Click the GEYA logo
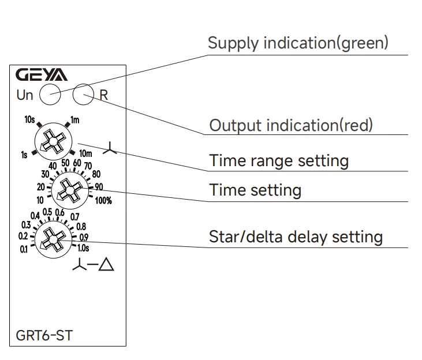coord(42,74)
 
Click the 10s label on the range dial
coord(29,119)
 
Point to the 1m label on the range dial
coord(75,119)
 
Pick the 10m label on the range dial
coord(85,153)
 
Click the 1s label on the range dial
coord(24,155)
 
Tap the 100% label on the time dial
coord(103,200)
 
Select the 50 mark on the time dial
coord(65,163)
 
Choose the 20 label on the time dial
coord(41,187)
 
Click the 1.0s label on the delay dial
coord(83,248)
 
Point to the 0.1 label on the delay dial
coord(24,249)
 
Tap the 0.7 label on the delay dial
coord(75,216)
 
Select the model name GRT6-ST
coord(44,336)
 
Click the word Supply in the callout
coord(233,43)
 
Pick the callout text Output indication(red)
coord(291,125)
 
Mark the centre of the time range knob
coord(54,141)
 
